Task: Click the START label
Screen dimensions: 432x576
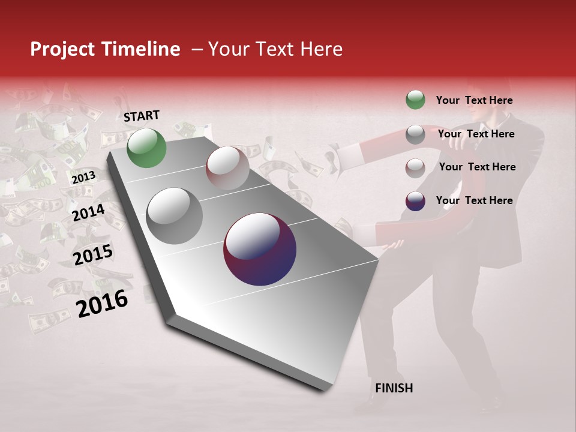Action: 142,116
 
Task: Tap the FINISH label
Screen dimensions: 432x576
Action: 394,388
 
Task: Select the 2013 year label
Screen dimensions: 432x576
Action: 83,178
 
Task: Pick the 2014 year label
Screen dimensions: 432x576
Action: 88,212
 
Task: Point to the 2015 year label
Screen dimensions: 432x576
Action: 93,255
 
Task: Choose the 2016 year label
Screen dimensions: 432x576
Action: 102,303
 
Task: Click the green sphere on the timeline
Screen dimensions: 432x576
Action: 146,148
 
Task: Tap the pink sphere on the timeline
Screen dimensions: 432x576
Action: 227,168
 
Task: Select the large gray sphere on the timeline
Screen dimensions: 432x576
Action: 175,216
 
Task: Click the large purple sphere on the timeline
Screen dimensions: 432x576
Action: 260,249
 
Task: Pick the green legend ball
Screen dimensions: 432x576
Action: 415,100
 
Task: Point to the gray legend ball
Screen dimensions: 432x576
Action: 415,134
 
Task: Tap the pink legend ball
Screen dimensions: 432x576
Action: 415,168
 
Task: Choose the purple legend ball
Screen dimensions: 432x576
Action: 415,201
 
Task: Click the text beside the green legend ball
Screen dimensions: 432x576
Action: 474,100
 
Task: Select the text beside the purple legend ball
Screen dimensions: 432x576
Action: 474,200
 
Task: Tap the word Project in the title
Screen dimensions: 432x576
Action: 62,49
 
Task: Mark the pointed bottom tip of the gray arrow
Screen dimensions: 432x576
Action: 327,390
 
